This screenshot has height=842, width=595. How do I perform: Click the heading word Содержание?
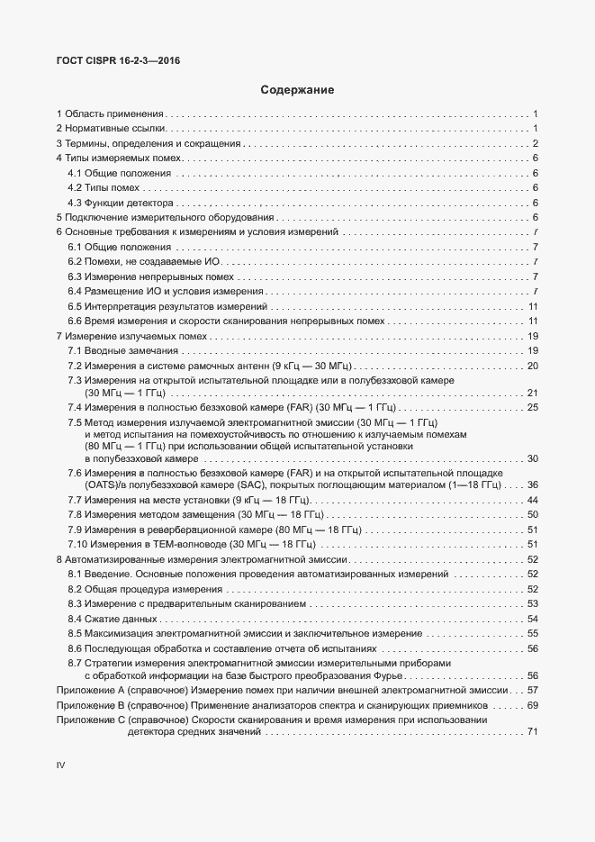click(x=297, y=90)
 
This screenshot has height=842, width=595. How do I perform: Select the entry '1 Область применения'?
click(x=110, y=114)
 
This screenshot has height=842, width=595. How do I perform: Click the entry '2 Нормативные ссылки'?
click(x=111, y=129)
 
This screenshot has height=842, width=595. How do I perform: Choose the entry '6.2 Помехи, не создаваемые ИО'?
click(x=144, y=261)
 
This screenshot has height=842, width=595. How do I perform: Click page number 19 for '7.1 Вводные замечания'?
click(x=532, y=350)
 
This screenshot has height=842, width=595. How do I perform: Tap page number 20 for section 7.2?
click(x=532, y=365)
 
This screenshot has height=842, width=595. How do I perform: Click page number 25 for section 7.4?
click(x=532, y=408)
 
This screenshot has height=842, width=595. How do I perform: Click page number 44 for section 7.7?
click(x=532, y=500)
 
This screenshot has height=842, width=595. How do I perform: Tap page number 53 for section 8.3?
click(x=532, y=603)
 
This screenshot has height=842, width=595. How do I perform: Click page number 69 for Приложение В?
click(x=532, y=704)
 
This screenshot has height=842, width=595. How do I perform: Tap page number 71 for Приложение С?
click(x=532, y=733)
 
